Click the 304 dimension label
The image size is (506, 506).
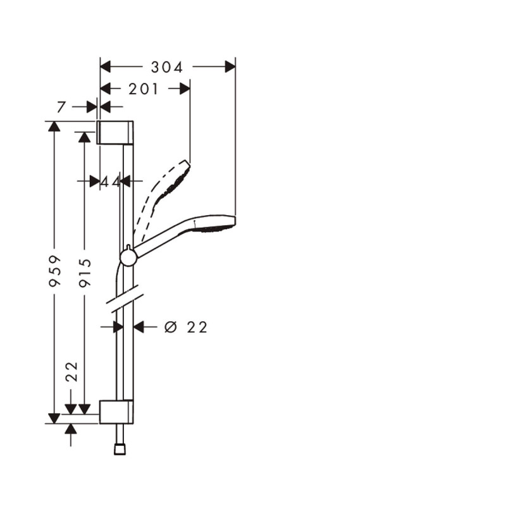(167, 68)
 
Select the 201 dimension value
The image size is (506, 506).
(144, 89)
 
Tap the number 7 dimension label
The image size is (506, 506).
(61, 107)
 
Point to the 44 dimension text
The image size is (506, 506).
(110, 182)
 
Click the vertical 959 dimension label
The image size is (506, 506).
(54, 271)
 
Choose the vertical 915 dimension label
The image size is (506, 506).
(85, 273)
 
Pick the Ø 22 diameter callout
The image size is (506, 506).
(185, 327)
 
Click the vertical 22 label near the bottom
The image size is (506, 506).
(72, 372)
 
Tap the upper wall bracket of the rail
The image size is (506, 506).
(115, 132)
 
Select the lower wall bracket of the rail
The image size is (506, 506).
(116, 412)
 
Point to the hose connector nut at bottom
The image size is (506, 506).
(120, 449)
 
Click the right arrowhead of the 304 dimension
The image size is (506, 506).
(230, 67)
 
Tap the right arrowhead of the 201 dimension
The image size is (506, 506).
(185, 89)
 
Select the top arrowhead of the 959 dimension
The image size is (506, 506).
(54, 126)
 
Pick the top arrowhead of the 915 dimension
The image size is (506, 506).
(85, 137)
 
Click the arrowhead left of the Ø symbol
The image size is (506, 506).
(139, 327)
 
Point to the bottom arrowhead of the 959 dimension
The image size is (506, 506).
(54, 418)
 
